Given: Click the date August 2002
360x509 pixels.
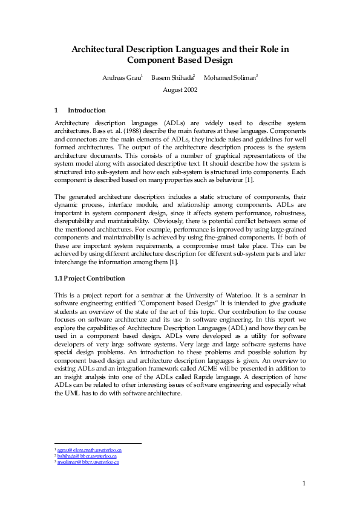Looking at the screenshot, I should point(180,89).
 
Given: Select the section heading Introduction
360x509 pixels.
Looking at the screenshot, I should point(87,110).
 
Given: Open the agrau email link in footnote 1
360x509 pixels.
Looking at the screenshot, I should point(90,450).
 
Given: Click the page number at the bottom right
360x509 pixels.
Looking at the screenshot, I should point(304,482).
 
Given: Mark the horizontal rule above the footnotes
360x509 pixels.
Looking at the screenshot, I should point(97,443).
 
